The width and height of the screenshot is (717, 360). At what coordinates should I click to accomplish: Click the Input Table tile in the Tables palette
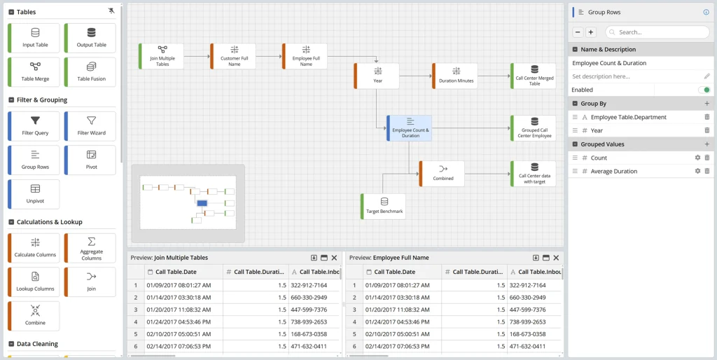coord(34,38)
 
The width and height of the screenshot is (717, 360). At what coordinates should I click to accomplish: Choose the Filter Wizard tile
coord(90,126)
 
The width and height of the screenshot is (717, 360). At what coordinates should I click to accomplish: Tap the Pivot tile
coord(90,160)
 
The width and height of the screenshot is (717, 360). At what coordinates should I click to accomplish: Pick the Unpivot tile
coord(34,194)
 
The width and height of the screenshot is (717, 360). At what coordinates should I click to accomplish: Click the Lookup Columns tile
coord(34,282)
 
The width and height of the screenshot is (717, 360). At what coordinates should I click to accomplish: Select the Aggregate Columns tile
coord(90,248)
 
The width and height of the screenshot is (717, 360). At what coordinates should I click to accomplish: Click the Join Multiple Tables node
coord(162,56)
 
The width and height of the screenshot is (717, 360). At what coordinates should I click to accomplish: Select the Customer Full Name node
coord(233,56)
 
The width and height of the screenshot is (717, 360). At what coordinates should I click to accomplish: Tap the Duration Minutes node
coord(455,76)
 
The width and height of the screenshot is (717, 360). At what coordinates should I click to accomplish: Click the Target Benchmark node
coord(383,207)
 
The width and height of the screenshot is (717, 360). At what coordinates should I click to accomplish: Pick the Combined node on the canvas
coord(442,174)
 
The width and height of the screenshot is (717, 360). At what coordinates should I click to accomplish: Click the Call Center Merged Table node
coord(533,76)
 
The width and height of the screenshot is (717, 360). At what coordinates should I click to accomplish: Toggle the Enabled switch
coord(704,90)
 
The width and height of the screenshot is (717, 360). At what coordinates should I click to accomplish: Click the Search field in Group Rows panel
coord(657,32)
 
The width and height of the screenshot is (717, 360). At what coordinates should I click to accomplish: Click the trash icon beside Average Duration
coord(707,171)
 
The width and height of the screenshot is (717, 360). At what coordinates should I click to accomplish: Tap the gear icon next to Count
coord(697,158)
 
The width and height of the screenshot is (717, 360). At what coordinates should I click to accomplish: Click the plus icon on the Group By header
coord(707,104)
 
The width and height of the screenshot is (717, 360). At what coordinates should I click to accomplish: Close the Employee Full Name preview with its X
coord(556,258)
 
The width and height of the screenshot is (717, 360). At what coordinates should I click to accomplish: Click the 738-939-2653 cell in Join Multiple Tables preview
coord(308,321)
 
